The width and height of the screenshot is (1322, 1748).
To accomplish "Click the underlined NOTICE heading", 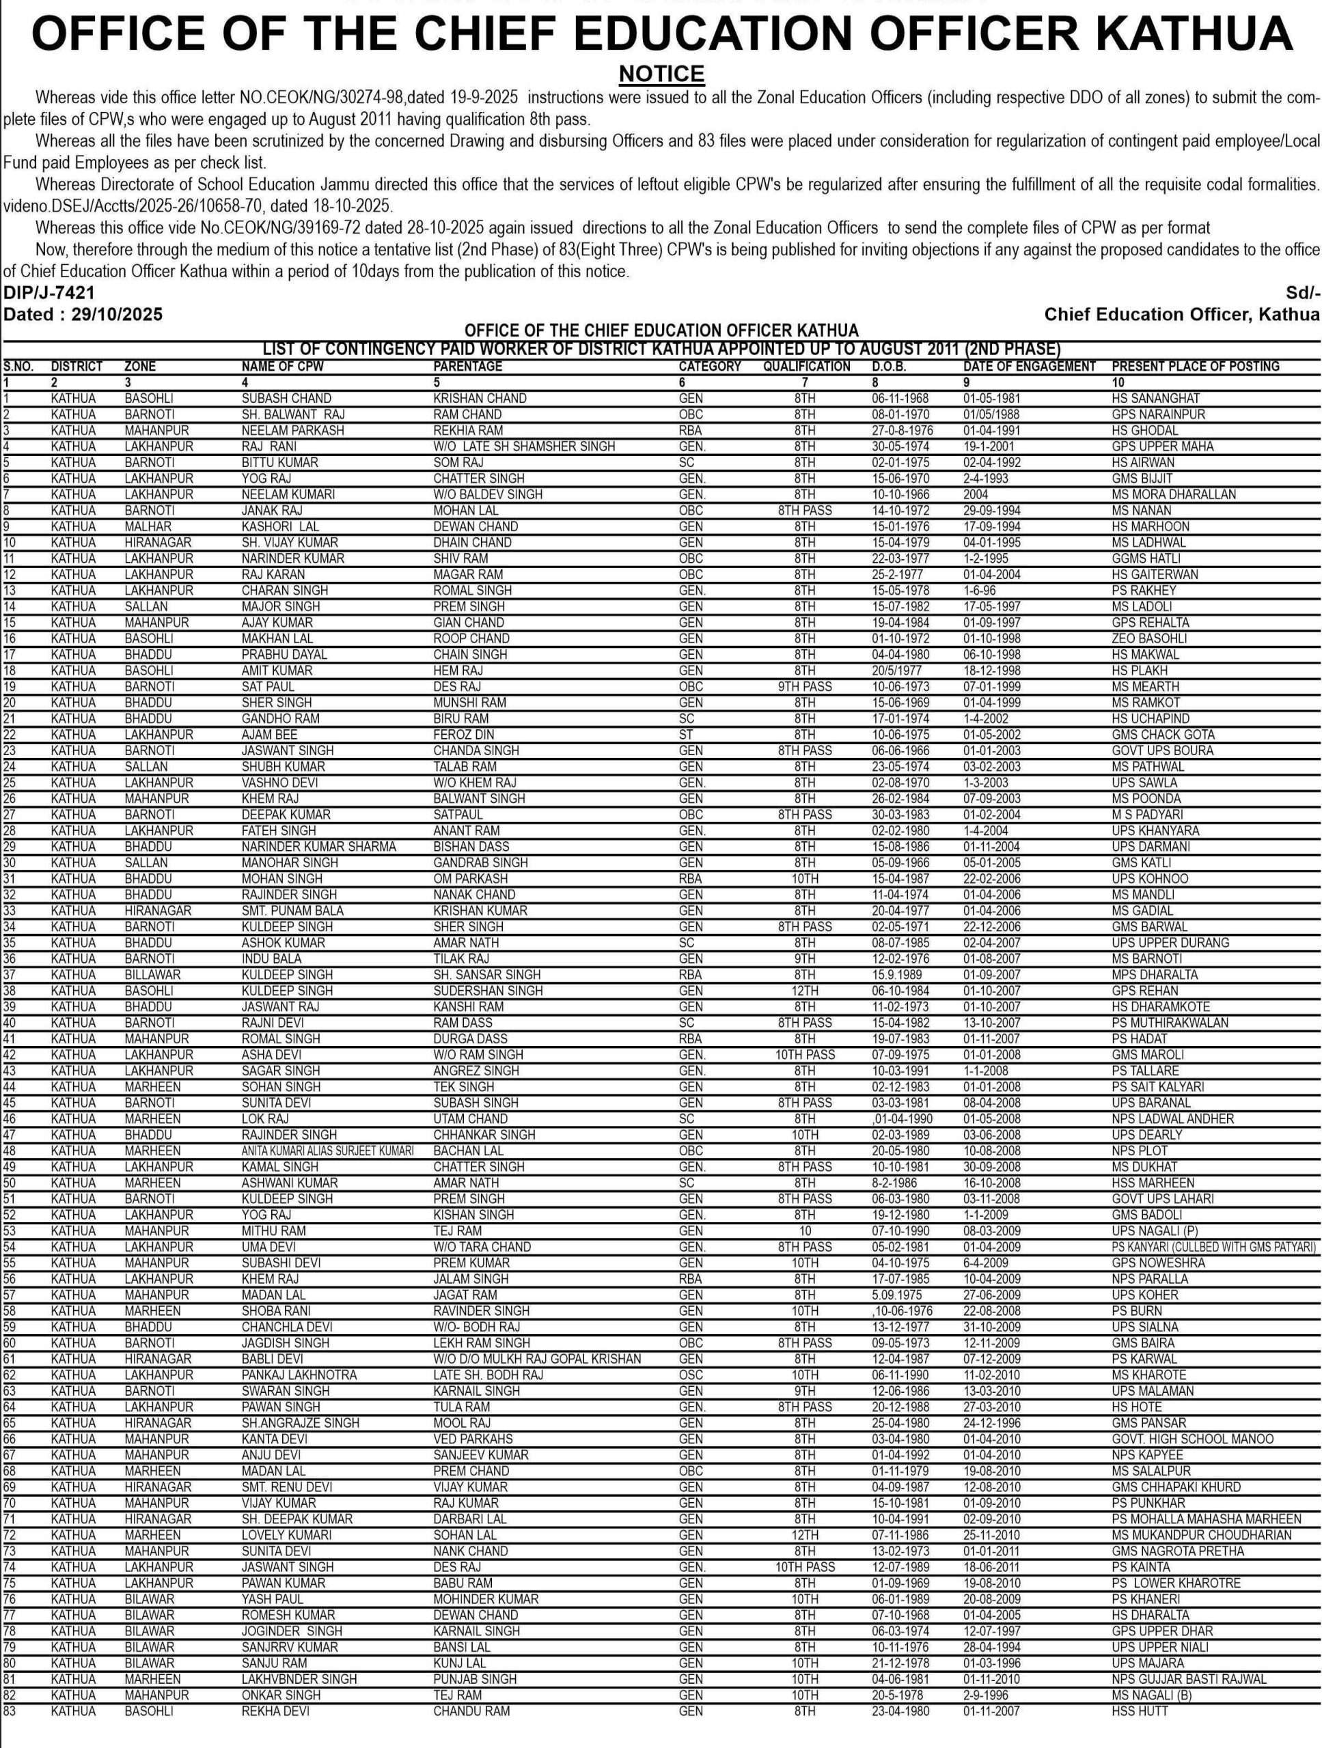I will point(661,74).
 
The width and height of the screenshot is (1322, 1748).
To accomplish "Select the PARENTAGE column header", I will point(467,367).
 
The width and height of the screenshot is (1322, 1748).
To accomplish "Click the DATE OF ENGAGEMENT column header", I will point(1029,367).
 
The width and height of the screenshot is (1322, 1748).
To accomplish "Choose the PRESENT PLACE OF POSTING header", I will point(1195,367).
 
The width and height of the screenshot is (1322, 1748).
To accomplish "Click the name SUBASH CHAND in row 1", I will point(286,398).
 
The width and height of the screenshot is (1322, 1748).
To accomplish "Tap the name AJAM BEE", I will point(268,734).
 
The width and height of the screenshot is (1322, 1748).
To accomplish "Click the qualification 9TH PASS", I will point(804,686).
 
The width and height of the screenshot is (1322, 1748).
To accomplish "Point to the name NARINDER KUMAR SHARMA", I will point(318,846).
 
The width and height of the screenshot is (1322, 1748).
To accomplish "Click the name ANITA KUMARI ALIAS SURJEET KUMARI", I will point(327,1151).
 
